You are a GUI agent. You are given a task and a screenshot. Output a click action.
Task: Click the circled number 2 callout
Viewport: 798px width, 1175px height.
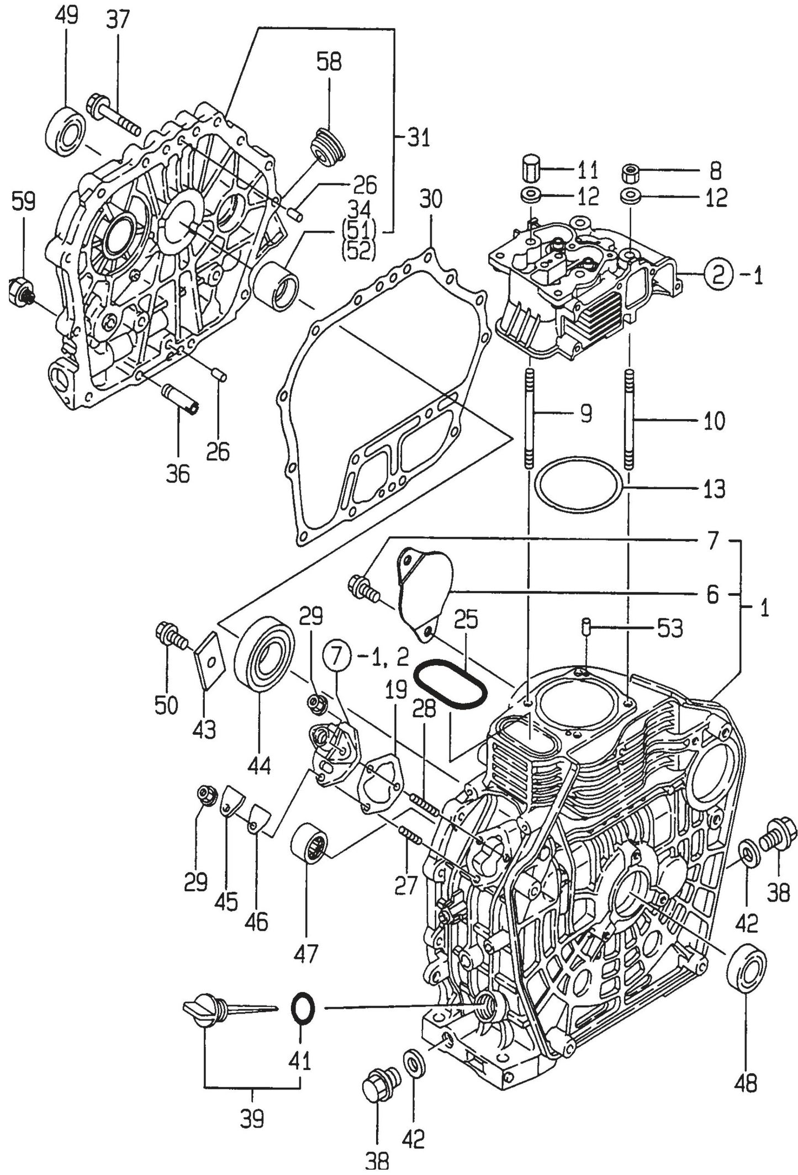pos(717,274)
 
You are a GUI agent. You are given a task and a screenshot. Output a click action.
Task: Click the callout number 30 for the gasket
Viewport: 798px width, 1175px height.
pos(430,199)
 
